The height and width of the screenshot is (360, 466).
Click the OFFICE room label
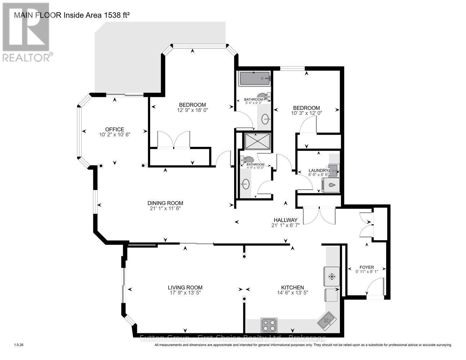coord(115,130)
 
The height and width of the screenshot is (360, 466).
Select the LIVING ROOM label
coord(185,288)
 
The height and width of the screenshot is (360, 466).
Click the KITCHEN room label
coord(292,288)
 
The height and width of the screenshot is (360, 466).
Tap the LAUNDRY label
coord(318,171)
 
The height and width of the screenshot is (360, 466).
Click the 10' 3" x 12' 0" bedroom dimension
coord(306,113)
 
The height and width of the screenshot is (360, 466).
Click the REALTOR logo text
coord(27,57)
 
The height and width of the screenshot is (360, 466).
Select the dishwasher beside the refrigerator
coord(332,295)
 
